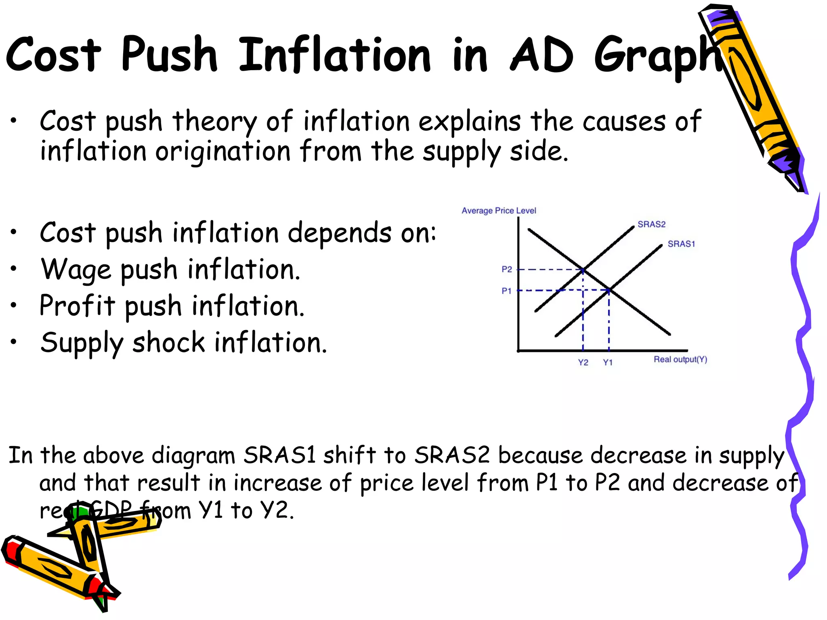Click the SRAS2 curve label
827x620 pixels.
[651, 224]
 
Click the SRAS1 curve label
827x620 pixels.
[681, 244]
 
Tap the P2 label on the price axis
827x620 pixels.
[507, 269]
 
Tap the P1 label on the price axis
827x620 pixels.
[506, 291]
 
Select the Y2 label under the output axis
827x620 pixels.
[583, 362]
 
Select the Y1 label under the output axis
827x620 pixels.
[608, 362]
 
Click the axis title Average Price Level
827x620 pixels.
[499, 211]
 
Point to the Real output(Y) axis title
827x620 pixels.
[680, 359]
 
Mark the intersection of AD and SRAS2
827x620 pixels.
[584, 269]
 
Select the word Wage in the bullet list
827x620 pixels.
[76, 270]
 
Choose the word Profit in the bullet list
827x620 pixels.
[77, 306]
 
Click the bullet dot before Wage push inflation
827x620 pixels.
[14, 268]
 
